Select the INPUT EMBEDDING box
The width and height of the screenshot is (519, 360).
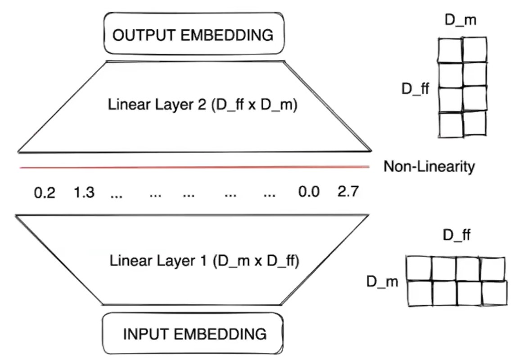[193, 334]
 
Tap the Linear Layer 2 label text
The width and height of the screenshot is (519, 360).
[202, 105]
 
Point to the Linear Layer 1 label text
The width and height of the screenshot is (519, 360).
[203, 261]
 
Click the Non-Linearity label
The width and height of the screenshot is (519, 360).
[429, 167]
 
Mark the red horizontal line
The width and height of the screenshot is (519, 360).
[194, 168]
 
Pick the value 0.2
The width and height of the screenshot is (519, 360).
[45, 192]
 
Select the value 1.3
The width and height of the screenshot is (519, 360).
[84, 192]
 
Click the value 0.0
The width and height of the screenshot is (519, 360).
[309, 192]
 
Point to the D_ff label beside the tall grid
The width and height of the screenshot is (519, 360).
[415, 89]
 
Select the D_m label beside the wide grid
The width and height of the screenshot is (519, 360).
[382, 283]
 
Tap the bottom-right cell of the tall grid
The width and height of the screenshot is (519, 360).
[474, 123]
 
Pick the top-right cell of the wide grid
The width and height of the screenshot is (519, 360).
[492, 269]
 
